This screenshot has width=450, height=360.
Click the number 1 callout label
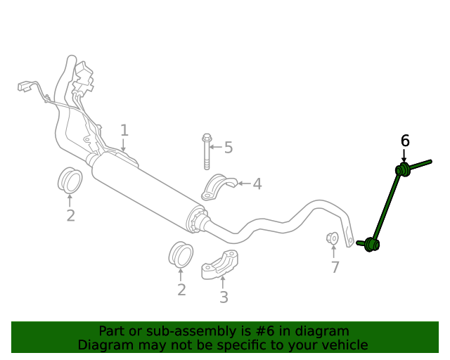pos(124,130)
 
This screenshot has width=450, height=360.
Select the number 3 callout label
pos(224,297)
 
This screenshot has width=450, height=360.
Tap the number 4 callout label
pos(257,184)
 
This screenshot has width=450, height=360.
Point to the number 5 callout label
pos(228,148)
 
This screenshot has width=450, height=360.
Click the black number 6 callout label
pos(405,141)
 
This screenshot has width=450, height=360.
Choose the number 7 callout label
pos(335,267)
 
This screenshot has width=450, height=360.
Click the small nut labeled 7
pos(333,238)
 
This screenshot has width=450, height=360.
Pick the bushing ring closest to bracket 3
pos(181,254)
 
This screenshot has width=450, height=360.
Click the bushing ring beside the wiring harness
pos(69,180)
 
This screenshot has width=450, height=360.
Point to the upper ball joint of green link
pos(404,169)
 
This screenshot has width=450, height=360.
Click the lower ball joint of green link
pos(371,244)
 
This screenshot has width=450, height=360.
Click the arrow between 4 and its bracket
pos(244,184)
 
